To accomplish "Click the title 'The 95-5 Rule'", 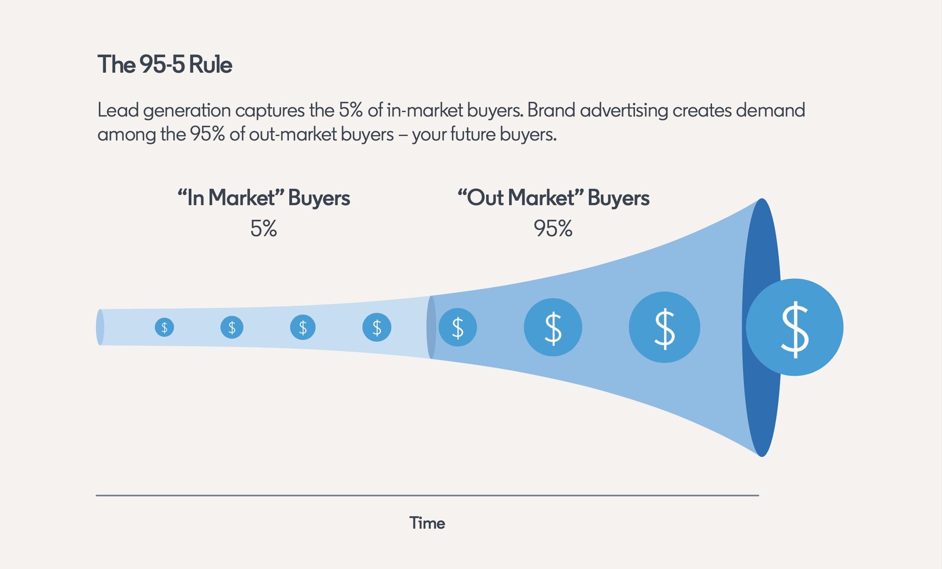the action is tap(165, 64).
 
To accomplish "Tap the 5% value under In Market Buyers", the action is tap(264, 229).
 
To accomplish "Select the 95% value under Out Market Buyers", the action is tap(553, 229).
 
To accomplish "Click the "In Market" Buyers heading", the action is tap(264, 198).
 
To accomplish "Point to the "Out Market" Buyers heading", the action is tap(553, 198).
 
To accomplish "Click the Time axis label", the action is tap(427, 523).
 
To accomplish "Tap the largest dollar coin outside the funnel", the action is tap(794, 327).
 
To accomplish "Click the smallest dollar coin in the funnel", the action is tap(164, 328).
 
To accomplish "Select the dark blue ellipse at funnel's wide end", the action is tap(762, 328).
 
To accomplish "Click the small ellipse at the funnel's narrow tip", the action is tap(100, 327).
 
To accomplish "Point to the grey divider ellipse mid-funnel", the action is tap(431, 327).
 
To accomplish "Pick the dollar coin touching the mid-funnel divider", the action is tap(458, 327).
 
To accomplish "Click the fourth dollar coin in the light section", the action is tap(377, 328).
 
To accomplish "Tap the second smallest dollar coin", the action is tap(232, 328).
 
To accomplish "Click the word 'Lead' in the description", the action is tap(116, 110).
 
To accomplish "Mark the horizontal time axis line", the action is tap(427, 495).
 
